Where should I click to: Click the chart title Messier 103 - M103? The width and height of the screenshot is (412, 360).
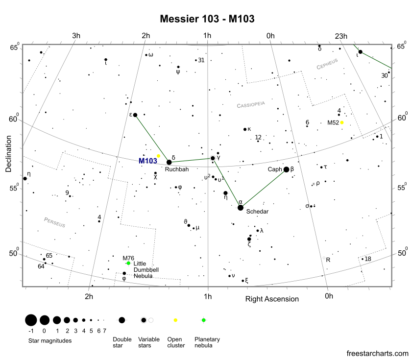(207, 19)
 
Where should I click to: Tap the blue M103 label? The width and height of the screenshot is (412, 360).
(148, 161)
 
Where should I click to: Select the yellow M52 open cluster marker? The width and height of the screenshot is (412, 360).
(342, 122)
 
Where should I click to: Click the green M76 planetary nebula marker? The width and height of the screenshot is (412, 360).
(128, 263)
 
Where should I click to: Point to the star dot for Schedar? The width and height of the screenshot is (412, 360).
(241, 208)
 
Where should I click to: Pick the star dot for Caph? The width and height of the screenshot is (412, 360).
(287, 169)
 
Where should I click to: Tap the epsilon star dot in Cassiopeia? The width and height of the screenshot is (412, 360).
(135, 115)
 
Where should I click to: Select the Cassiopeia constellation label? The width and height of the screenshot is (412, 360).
(250, 104)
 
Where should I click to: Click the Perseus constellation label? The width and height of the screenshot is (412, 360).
(54, 222)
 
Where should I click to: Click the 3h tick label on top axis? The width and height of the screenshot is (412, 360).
(76, 36)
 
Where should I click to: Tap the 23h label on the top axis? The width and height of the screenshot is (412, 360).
(341, 36)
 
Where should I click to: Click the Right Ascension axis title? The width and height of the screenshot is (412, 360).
(272, 299)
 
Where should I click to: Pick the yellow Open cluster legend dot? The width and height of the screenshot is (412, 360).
(175, 320)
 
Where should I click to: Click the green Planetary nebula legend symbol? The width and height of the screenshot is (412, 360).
(203, 320)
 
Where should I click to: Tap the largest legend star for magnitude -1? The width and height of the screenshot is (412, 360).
(31, 320)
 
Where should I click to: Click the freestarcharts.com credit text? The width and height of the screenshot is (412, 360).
(377, 353)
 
